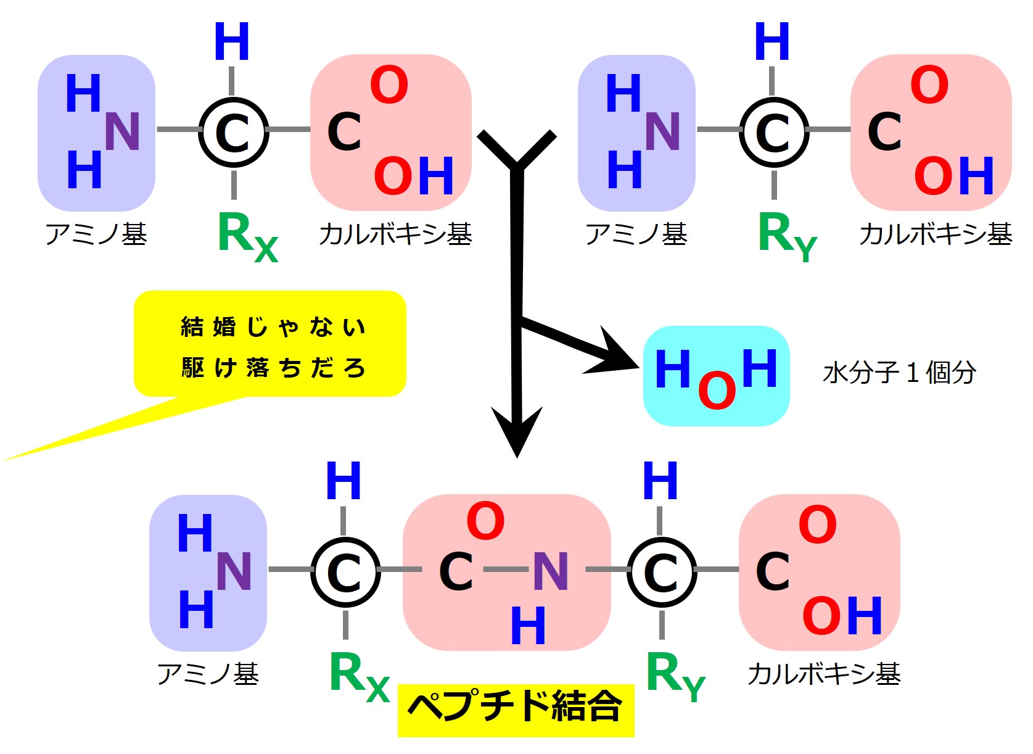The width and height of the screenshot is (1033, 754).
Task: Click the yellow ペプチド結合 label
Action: (x=516, y=710)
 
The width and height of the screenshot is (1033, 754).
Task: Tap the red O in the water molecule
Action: (x=717, y=391)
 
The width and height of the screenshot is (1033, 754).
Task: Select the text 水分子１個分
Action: (x=899, y=373)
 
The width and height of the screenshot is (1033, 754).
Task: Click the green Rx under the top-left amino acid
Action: (x=248, y=237)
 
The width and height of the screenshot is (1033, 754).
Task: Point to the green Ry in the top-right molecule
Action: (x=788, y=237)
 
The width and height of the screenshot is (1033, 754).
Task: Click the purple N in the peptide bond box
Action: (x=550, y=571)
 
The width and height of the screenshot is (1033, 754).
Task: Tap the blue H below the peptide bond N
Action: (x=528, y=625)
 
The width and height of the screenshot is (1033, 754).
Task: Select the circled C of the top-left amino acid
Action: (x=233, y=133)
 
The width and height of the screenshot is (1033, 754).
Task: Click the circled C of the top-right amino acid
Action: (x=774, y=133)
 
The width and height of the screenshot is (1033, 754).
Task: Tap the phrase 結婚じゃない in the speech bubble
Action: (x=273, y=327)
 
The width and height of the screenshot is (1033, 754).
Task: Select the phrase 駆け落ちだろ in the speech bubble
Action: (x=273, y=368)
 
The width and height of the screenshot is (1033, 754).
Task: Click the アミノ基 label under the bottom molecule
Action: (x=208, y=674)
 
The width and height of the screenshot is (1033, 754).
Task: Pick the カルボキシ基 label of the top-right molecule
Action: (x=936, y=234)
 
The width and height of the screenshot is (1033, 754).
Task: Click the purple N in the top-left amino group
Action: (x=122, y=131)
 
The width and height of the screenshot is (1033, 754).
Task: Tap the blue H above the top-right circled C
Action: (x=772, y=41)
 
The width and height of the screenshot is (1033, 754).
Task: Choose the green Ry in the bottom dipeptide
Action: (x=675, y=676)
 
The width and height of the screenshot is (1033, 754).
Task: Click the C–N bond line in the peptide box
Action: (x=506, y=570)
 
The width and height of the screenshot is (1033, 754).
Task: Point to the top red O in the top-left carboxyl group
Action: (x=389, y=85)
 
